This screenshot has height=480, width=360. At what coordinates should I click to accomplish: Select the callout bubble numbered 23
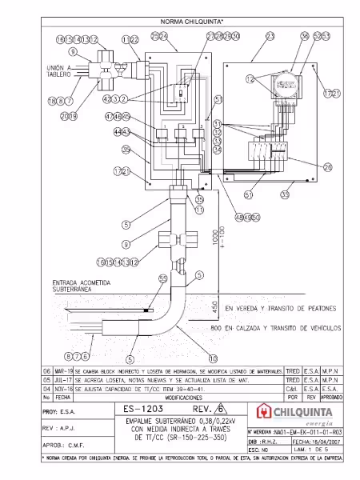pos(270,37)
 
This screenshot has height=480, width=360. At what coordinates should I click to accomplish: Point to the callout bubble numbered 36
pos(304,37)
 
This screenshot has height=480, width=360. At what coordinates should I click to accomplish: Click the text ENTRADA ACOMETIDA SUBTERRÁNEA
pos(81,286)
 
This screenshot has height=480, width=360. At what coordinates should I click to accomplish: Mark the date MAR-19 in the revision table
pos(64,371)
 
